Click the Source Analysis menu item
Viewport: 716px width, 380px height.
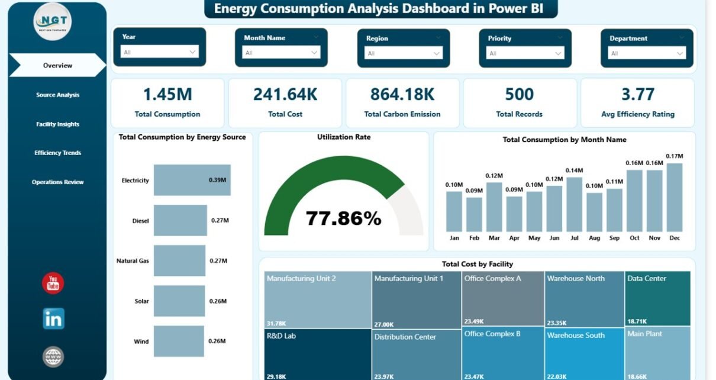[57, 95]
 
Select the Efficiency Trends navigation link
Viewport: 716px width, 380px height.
[57, 153]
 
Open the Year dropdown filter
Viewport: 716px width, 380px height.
[159, 52]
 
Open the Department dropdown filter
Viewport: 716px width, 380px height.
[647, 53]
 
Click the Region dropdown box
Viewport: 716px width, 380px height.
[403, 53]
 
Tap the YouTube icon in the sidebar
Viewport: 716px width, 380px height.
[53, 284]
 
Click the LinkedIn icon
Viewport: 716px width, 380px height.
[53, 318]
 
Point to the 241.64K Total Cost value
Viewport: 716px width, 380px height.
[285, 95]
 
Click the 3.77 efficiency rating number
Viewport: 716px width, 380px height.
[637, 95]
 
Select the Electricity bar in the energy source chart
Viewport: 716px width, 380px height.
[192, 180]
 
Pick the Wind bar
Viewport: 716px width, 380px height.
[179, 341]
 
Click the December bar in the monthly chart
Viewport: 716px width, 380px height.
[674, 197]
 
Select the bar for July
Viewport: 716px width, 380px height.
[574, 204]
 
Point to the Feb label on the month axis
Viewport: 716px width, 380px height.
[474, 238]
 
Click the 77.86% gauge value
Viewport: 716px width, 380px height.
[343, 218]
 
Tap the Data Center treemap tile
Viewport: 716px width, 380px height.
[657, 298]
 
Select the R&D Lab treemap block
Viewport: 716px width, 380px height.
[318, 354]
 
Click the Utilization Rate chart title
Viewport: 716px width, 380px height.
[344, 137]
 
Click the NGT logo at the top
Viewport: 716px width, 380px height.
[53, 22]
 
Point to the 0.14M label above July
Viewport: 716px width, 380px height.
[574, 170]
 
